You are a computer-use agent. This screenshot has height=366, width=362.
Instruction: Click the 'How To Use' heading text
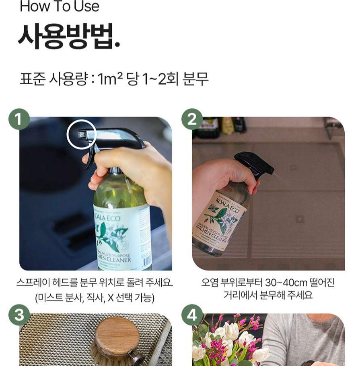point(59,7)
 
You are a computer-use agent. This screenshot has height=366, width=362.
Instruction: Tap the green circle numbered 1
point(19,119)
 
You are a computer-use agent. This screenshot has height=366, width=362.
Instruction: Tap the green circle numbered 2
point(192,119)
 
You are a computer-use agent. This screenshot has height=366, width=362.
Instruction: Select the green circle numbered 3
point(19,315)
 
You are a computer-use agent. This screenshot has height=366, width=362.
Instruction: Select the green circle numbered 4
point(192,315)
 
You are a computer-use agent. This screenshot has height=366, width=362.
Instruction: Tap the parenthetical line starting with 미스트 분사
point(95,298)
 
